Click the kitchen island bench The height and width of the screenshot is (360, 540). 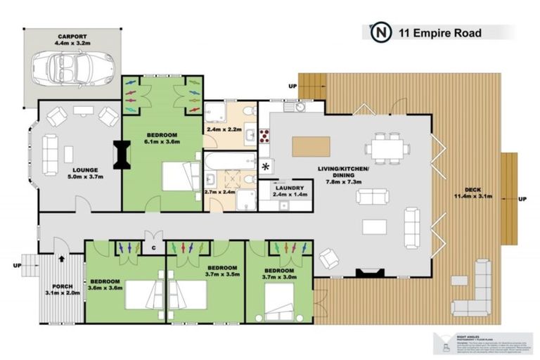311,146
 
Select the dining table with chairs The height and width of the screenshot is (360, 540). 387,147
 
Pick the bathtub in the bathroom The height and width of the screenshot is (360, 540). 229,163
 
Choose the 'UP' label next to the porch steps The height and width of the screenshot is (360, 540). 16,266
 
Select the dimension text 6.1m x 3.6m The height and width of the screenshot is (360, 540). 162,142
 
